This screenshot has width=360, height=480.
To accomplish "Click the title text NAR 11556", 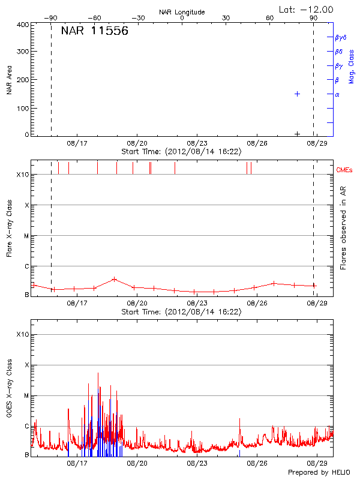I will click(x=94, y=31).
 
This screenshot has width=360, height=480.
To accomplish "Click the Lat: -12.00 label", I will click(x=306, y=9).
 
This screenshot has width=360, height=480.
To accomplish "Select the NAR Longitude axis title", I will click(x=182, y=12).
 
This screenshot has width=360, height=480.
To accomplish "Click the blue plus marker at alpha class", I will click(x=297, y=94).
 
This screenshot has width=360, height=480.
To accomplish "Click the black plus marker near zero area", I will click(x=297, y=134).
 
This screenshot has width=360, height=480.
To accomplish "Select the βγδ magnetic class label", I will click(x=341, y=37).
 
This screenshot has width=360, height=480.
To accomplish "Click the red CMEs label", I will click(x=345, y=170).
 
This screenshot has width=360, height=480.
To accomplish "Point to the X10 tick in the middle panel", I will click(x=23, y=175).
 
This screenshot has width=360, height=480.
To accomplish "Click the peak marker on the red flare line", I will click(x=114, y=279).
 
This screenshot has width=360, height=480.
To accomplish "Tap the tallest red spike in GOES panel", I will click(x=98, y=373).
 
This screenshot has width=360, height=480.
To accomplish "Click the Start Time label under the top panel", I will click(x=181, y=151).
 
